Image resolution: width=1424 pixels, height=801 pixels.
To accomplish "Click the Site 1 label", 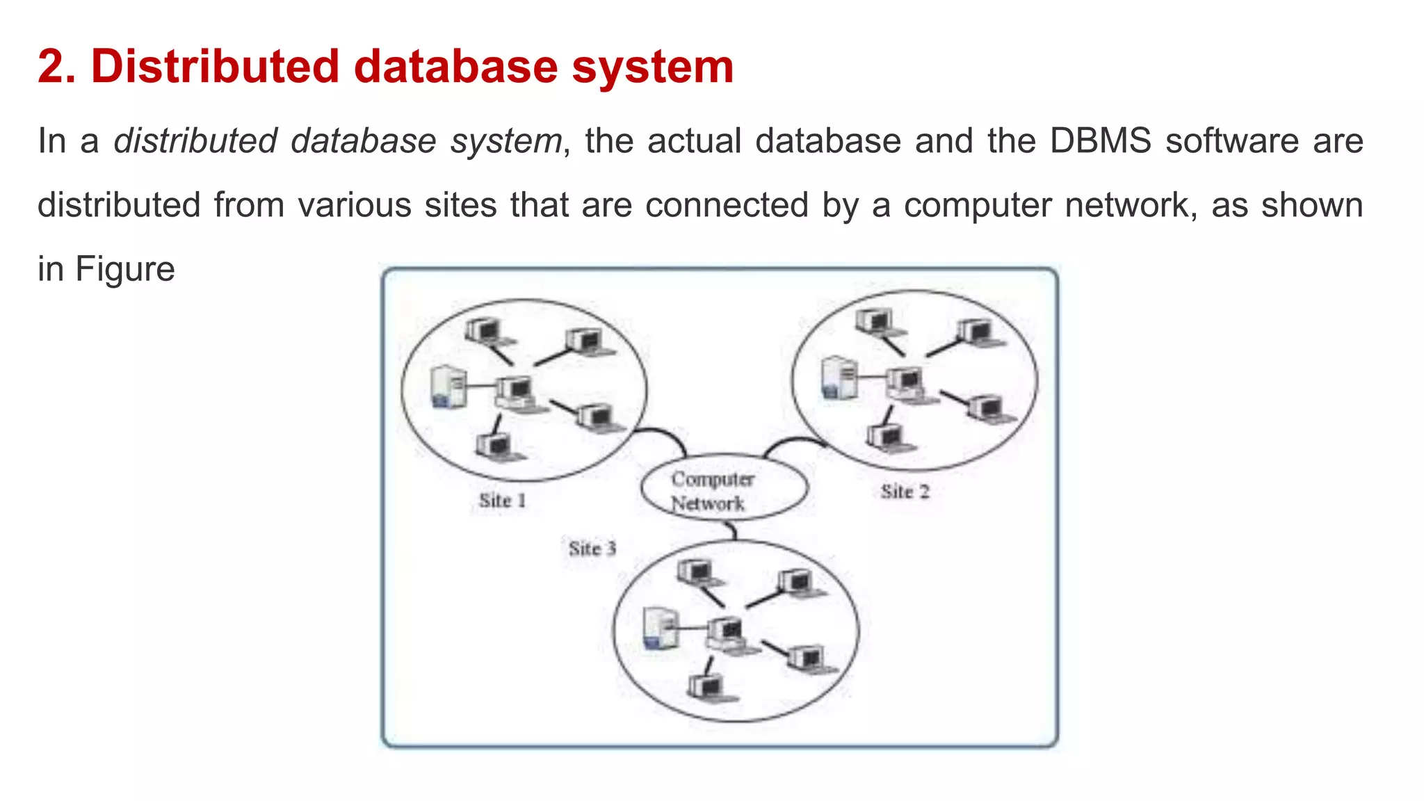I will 502,501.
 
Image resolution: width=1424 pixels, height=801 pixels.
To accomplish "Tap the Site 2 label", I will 905,492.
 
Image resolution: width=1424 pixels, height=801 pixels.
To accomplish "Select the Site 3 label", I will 592,549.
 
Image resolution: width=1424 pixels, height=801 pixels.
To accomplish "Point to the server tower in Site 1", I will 448,387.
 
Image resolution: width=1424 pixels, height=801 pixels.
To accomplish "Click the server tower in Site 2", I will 839,378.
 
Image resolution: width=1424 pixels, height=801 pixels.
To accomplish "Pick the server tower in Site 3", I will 659,629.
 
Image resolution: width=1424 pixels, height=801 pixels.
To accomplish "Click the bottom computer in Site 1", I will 496,447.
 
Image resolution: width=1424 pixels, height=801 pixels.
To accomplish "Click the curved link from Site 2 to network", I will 793,444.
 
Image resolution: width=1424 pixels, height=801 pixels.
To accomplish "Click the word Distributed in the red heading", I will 215,67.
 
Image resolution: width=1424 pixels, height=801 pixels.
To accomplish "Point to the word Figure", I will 125,269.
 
